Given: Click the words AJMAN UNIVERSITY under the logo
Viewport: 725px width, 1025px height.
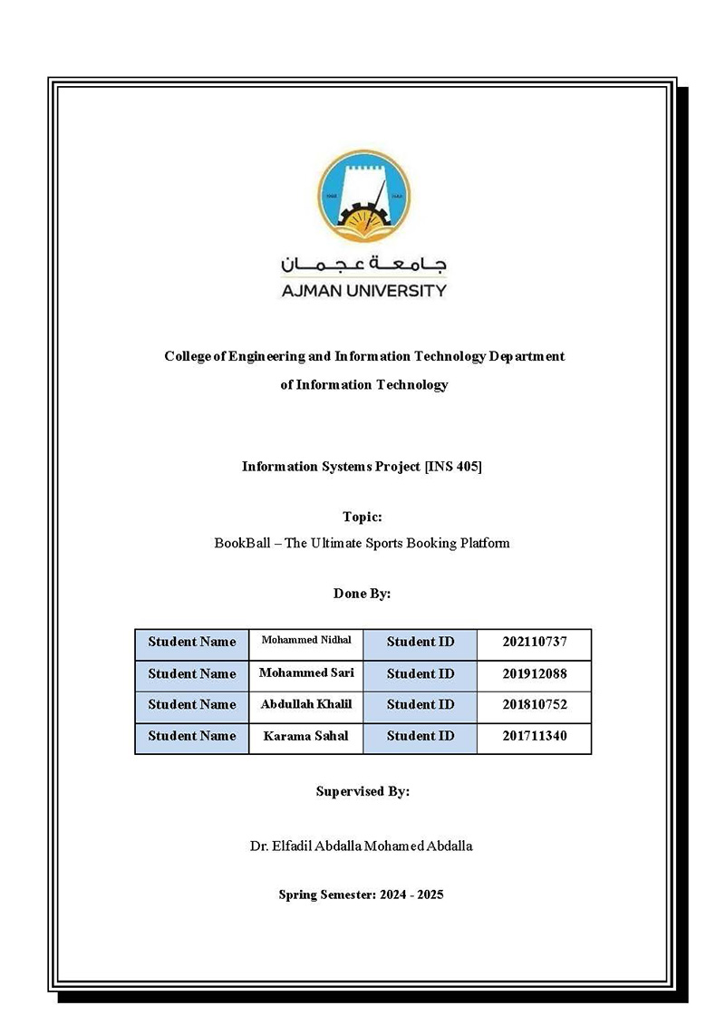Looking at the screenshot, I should click(x=363, y=291).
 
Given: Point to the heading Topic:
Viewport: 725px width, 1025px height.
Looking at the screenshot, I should click(x=362, y=517).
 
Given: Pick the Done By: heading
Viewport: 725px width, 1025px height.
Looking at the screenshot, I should click(x=362, y=595).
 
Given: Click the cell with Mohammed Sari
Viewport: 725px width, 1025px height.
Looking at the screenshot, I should click(x=305, y=673).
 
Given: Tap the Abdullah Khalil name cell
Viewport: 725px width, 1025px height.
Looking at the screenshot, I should click(x=305, y=704).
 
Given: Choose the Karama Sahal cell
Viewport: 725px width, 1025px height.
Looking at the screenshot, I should click(x=305, y=736).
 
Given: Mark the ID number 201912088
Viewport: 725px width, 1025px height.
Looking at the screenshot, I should click(x=534, y=673).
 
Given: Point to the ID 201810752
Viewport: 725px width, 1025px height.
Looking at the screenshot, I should click(x=534, y=704).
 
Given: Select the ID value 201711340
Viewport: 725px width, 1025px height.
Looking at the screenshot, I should click(x=534, y=736).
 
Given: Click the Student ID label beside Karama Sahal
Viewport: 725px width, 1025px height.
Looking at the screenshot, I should click(x=420, y=736).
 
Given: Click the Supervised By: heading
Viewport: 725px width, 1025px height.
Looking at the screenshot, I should click(x=362, y=791).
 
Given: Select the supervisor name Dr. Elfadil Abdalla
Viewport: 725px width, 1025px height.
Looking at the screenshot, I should click(x=361, y=846).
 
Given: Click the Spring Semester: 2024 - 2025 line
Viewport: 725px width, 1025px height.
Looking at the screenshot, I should click(x=361, y=894).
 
